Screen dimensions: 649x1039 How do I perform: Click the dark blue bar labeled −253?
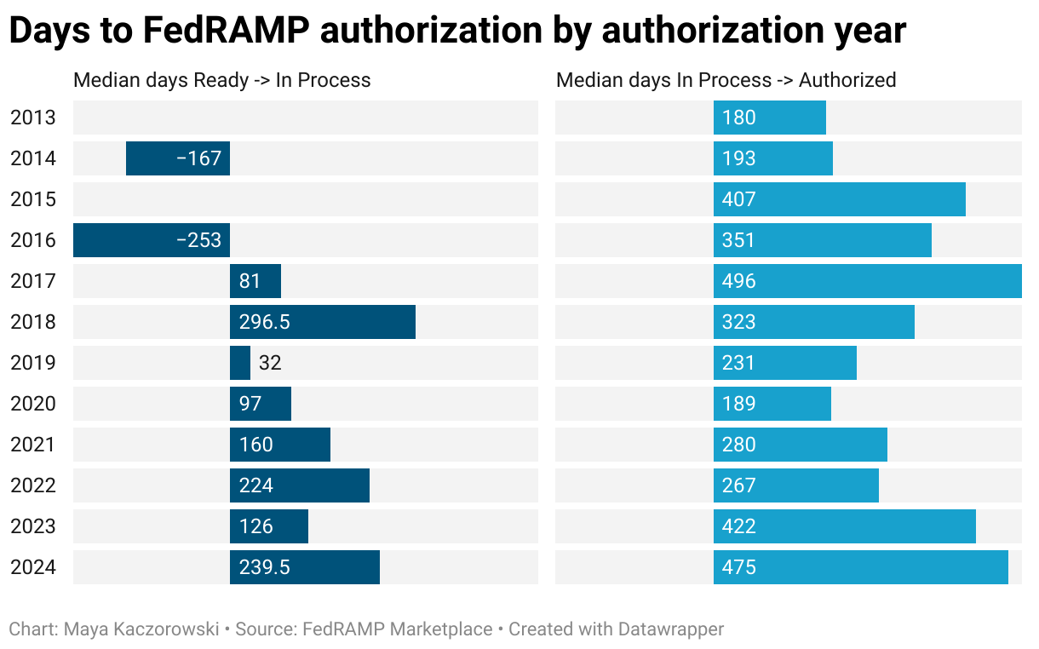click(152, 240)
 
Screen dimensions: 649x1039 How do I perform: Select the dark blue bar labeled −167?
click(178, 158)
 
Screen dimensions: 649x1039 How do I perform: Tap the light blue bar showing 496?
click(867, 281)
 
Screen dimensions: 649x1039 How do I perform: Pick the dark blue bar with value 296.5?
click(323, 322)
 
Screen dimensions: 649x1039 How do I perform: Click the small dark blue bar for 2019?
click(240, 363)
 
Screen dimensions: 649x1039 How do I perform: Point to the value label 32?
click(270, 363)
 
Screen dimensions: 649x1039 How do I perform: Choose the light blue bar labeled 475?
click(860, 567)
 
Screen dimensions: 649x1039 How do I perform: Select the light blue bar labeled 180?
click(770, 118)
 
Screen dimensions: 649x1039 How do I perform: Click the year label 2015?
click(33, 199)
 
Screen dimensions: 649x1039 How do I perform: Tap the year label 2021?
click(33, 445)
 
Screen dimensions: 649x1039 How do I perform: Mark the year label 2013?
click(33, 118)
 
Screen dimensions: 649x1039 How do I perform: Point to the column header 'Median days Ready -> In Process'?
click(222, 80)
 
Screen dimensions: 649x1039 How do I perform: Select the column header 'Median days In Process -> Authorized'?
click(726, 80)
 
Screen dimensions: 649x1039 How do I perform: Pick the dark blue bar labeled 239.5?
click(305, 567)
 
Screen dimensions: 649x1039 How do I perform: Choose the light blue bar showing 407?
click(839, 199)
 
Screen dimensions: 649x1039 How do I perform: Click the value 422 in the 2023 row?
click(738, 526)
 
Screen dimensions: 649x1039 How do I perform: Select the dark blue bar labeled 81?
click(255, 281)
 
